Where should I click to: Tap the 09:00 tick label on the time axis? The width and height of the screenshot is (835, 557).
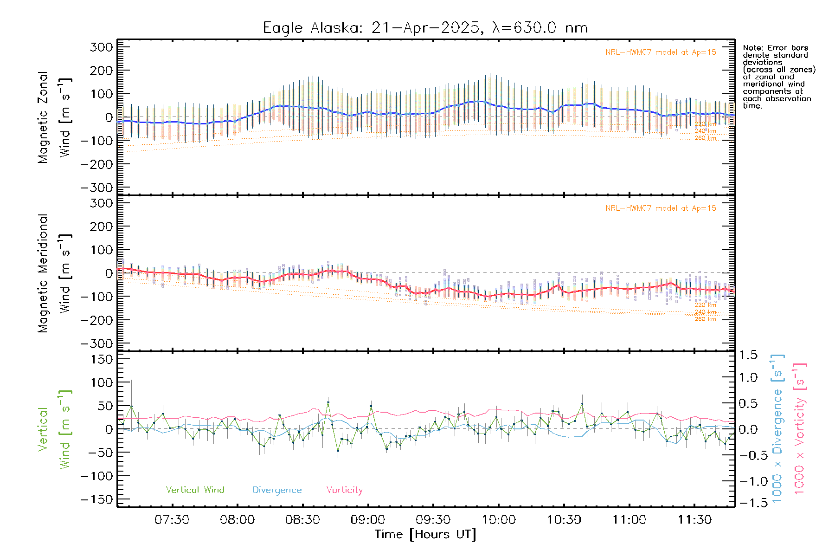pos(368,519)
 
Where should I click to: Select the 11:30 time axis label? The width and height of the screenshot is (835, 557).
pos(694,519)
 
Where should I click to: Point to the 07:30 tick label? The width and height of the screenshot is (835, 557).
pos(172,519)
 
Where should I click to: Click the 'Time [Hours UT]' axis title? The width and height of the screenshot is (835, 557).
pos(425,534)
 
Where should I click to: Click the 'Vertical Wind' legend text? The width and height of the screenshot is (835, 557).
pos(195,490)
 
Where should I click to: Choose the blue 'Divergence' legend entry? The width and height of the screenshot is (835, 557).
pos(277,490)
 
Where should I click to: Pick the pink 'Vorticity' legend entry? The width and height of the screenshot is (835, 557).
pos(344,490)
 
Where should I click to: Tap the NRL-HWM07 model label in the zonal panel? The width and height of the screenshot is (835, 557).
pos(661,52)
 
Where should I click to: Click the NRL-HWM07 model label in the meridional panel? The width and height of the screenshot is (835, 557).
pos(661,208)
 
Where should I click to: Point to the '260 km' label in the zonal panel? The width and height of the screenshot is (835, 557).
pos(705,138)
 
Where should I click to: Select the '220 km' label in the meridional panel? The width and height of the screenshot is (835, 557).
pos(705,305)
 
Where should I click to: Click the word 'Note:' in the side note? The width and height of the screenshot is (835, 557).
pos(753,48)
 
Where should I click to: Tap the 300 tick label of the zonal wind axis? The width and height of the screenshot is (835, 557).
pos(101,47)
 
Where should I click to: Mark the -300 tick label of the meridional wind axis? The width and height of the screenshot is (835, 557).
pos(96,343)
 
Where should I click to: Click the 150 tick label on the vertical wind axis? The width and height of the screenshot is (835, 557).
pos(101,359)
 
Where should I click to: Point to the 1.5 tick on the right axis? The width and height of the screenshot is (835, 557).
pos(748,355)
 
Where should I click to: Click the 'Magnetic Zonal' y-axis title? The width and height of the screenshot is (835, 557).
pos(43,117)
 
